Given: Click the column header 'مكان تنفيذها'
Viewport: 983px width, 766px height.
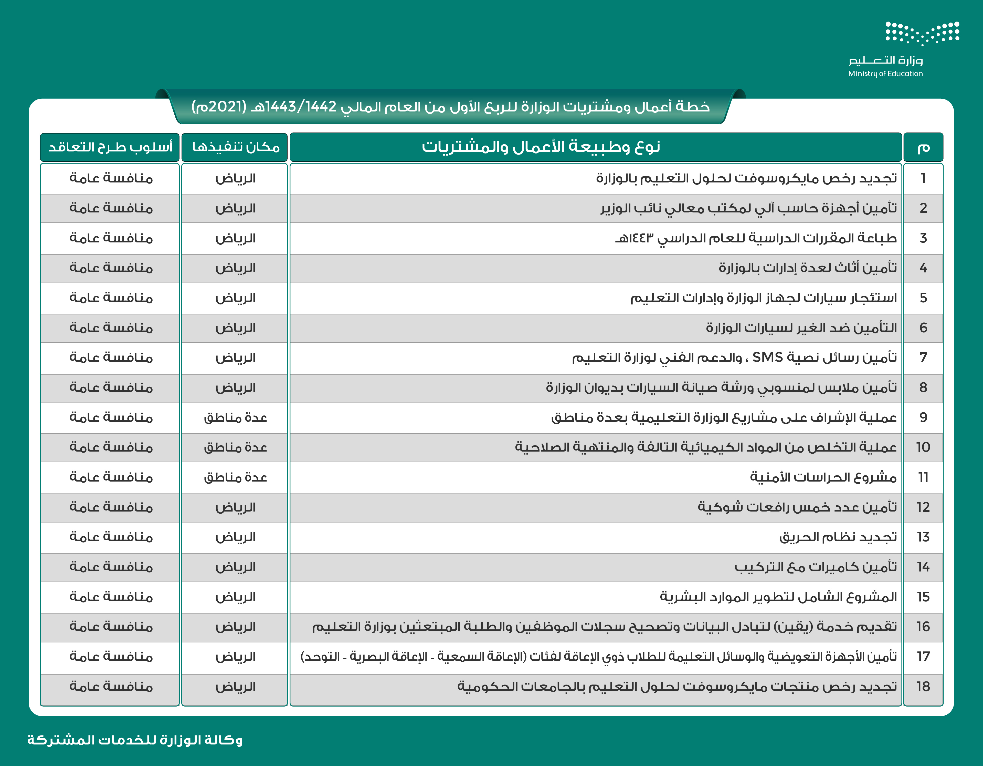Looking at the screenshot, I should pyautogui.click(x=235, y=147).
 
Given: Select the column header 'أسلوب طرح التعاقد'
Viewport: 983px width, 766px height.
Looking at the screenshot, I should pyautogui.click(x=110, y=147).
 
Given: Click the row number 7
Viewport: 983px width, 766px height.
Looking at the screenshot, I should pyautogui.click(x=923, y=358).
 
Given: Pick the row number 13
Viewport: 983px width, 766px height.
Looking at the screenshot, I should pyautogui.click(x=923, y=537).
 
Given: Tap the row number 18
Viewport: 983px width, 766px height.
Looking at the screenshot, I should pyautogui.click(x=923, y=687).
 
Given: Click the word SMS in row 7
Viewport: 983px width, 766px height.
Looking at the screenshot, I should pyautogui.click(x=767, y=358).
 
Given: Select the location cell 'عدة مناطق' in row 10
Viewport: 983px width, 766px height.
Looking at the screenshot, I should pyautogui.click(x=235, y=447).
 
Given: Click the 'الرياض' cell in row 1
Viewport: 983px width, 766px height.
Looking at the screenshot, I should pyautogui.click(x=235, y=178).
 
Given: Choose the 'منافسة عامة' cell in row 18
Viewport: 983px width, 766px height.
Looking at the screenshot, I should pyautogui.click(x=111, y=687).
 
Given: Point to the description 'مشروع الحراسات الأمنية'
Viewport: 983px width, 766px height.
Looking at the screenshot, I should pyautogui.click(x=823, y=477).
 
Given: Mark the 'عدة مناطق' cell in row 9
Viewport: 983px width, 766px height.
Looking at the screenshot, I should pyautogui.click(x=235, y=418).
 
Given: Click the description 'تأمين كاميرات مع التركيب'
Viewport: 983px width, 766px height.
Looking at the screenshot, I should pyautogui.click(x=816, y=567).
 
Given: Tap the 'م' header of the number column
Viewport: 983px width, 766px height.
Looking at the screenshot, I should pyautogui.click(x=923, y=147).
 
